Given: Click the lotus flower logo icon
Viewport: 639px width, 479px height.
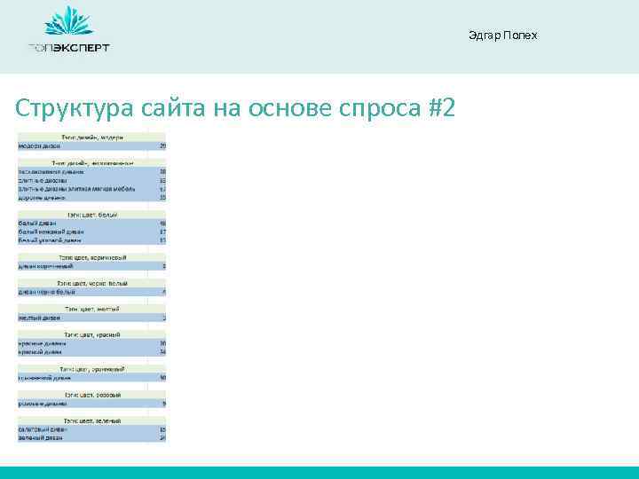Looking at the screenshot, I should pos(68,22).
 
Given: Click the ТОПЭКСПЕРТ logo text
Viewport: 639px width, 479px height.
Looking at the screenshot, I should pos(68,48).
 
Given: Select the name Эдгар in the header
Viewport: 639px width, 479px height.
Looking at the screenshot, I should pos(484,35).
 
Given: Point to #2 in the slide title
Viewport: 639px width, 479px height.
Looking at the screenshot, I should pos(440,108).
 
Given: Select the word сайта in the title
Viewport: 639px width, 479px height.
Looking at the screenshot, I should pos(171,108).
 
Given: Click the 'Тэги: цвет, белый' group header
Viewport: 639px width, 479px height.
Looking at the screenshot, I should pos(92,215).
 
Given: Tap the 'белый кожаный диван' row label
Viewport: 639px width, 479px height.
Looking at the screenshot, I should pos(51,232).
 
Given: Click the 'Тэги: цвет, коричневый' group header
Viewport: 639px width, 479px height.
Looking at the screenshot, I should pos(92,257).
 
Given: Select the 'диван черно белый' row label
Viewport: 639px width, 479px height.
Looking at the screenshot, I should pos(47,291).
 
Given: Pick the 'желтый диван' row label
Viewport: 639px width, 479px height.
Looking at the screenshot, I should pos(39,317).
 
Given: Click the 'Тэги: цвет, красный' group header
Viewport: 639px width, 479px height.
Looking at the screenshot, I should pos(92,334).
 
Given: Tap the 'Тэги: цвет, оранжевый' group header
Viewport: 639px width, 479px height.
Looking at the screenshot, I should pos(92,368).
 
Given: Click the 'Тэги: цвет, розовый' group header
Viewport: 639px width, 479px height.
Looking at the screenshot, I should pos(92,394).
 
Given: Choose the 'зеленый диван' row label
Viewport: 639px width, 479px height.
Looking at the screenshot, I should pos(42,437).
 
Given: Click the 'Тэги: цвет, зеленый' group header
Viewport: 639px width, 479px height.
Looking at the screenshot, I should pos(92,420).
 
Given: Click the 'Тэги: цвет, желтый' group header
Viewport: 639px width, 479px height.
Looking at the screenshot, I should pos(92,308).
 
